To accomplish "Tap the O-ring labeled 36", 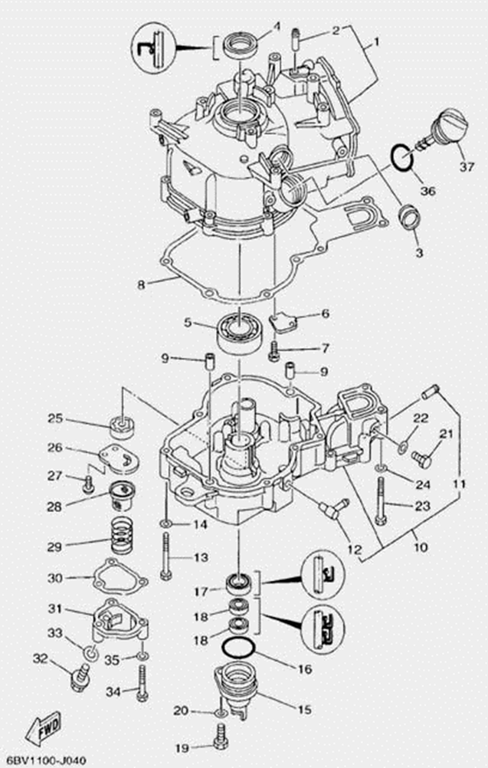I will pyautogui.click(x=402, y=159).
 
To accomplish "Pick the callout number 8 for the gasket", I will pyautogui.click(x=140, y=285).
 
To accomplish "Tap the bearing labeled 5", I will pyautogui.click(x=241, y=330).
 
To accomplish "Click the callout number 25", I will pyautogui.click(x=55, y=418).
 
